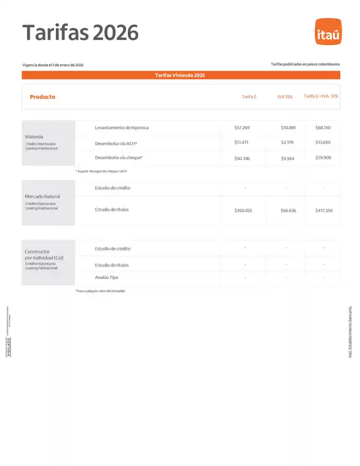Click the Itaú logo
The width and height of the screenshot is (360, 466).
pos(327,33)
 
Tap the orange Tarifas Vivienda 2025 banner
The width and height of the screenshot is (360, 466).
pos(180,75)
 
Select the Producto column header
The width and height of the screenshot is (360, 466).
pos(42,96)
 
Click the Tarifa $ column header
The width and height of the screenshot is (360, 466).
pos(249,96)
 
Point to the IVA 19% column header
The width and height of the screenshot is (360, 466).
pos(285,96)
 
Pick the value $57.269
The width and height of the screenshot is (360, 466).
pos(242,128)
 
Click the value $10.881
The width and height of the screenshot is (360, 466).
pos(289,128)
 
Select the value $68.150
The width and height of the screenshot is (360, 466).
pos(323,128)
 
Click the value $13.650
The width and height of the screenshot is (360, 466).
pos(323,142)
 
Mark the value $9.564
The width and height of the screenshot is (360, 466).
pos(288,157)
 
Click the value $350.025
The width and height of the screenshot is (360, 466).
pos(243,210)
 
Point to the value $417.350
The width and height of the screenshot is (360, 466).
pos(324,210)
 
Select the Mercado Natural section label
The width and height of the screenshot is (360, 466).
pos(42,195)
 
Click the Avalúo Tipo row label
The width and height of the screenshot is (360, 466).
pos(106,277)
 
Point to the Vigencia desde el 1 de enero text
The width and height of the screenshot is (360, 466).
pos(53,66)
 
